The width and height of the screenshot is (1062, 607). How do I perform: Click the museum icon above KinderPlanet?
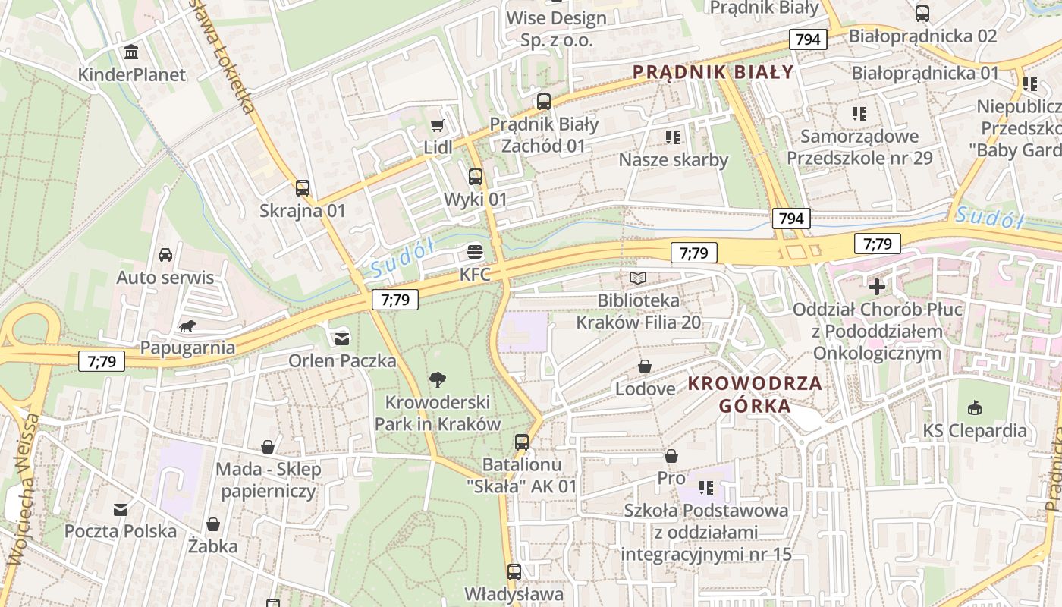(132, 52)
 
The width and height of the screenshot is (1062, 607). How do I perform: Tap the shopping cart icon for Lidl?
(437, 125)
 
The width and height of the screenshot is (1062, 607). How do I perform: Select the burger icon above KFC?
(476, 252)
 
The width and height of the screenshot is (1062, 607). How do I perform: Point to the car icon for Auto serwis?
(165, 255)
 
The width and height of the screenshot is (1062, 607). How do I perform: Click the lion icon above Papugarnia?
(187, 326)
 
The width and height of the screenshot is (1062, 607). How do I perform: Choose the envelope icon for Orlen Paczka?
(342, 338)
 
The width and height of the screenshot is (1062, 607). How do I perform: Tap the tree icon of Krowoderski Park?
(437, 379)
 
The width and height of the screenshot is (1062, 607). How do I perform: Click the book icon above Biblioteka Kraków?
(638, 278)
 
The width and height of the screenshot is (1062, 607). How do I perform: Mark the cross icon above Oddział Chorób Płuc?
(877, 287)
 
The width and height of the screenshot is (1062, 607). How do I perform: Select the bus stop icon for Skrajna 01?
(303, 188)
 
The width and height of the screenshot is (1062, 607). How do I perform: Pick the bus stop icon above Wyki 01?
(476, 177)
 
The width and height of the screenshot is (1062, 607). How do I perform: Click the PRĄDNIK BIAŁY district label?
(713, 73)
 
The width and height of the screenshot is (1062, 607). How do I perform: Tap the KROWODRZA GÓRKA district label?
(755, 394)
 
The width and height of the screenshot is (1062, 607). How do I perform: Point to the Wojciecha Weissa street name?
(23, 489)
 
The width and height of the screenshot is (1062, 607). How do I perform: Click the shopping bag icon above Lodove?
(645, 367)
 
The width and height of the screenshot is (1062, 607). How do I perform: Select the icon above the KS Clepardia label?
(975, 408)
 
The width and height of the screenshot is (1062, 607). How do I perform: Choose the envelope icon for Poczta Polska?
(121, 509)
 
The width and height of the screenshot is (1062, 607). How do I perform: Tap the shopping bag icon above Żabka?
(213, 524)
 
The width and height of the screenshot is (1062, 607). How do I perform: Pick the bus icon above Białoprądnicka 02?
(922, 13)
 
